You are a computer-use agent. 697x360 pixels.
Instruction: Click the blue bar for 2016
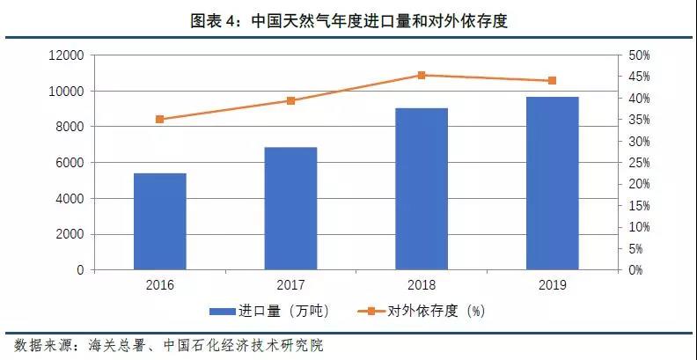tap(159, 221)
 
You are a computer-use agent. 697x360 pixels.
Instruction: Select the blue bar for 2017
tap(290, 208)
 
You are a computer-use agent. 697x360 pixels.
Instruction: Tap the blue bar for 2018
tap(422, 188)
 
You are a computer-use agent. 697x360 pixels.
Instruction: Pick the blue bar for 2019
tap(552, 183)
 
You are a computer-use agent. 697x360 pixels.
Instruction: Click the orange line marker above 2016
tap(159, 119)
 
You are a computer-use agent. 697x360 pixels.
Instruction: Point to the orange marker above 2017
tap(290, 100)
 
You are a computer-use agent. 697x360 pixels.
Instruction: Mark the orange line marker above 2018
tap(422, 75)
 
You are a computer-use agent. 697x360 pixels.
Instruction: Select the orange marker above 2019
tap(552, 80)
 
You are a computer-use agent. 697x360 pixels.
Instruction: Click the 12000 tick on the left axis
tap(66, 55)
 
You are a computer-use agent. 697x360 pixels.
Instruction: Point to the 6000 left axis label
tap(70, 163)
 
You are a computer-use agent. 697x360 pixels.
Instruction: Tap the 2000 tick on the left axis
tap(70, 234)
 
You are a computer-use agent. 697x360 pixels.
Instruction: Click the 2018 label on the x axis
tap(422, 284)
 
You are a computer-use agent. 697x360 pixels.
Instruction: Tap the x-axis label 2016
tap(159, 284)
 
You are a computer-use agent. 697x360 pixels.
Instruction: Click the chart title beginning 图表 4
tap(348, 21)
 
